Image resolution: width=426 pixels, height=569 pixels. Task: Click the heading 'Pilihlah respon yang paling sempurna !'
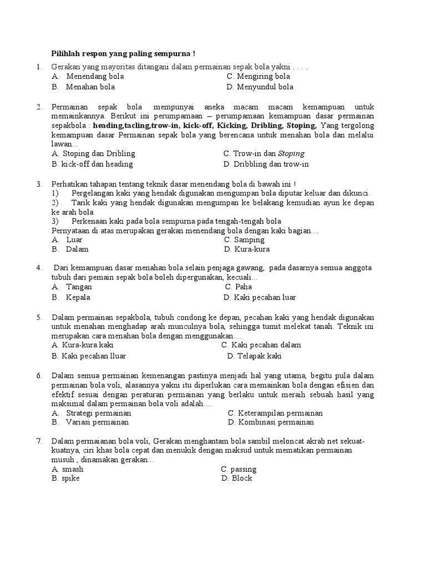tap(123, 54)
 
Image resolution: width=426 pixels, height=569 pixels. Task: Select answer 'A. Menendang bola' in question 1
tap(88, 76)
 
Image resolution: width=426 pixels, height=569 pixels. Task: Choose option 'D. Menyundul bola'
tap(260, 87)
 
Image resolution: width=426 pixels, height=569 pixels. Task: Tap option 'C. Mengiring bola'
tap(258, 76)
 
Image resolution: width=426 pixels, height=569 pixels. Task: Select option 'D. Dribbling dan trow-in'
tap(266, 164)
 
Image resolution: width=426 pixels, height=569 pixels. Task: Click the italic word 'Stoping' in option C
tap(291, 153)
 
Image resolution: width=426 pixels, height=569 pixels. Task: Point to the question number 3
tap(39, 183)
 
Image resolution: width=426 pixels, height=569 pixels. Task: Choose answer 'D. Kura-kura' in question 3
tap(247, 249)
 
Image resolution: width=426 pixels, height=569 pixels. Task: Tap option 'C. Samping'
tap(244, 239)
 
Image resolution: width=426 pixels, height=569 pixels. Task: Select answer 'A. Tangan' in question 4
tap(72, 287)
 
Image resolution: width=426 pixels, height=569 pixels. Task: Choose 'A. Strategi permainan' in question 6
tap(92, 413)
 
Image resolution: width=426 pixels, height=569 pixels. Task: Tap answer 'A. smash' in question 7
tap(67, 469)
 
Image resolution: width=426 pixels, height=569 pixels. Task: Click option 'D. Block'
tap(237, 478)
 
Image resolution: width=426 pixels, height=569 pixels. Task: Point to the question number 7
tap(39, 441)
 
